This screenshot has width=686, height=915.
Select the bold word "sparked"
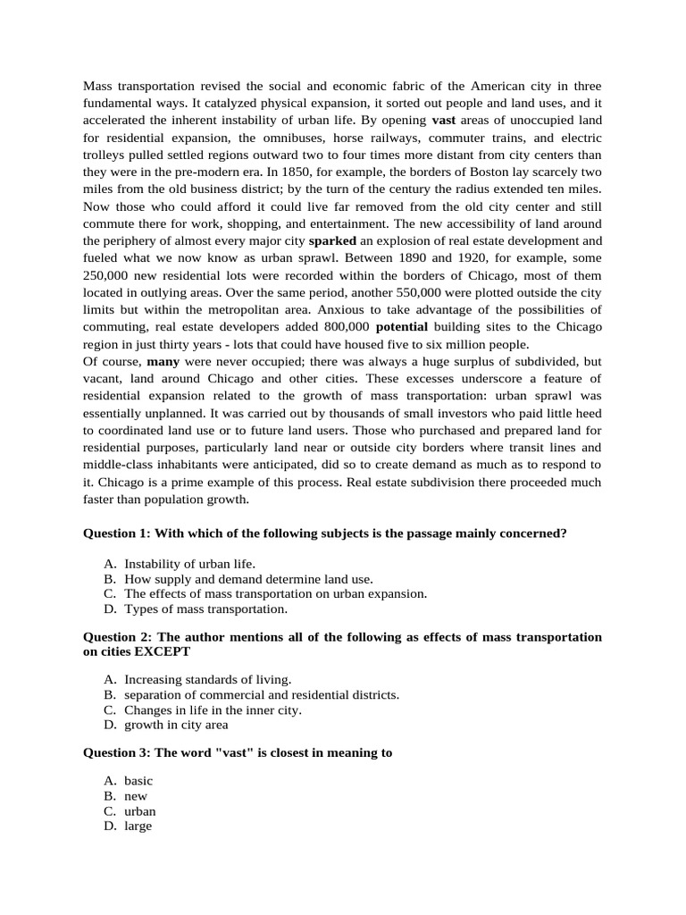pyautogui.click(x=332, y=241)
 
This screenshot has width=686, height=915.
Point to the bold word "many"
pyautogui.click(x=163, y=362)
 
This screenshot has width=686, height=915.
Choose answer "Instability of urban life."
pyautogui.click(x=189, y=564)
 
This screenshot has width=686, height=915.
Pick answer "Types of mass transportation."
pyautogui.click(x=205, y=609)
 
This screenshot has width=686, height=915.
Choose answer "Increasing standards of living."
pyautogui.click(x=207, y=680)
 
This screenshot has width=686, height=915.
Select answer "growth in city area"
pyautogui.click(x=176, y=725)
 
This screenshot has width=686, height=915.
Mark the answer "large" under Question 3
pyautogui.click(x=138, y=826)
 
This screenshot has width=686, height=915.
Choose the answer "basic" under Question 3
pyautogui.click(x=138, y=781)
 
